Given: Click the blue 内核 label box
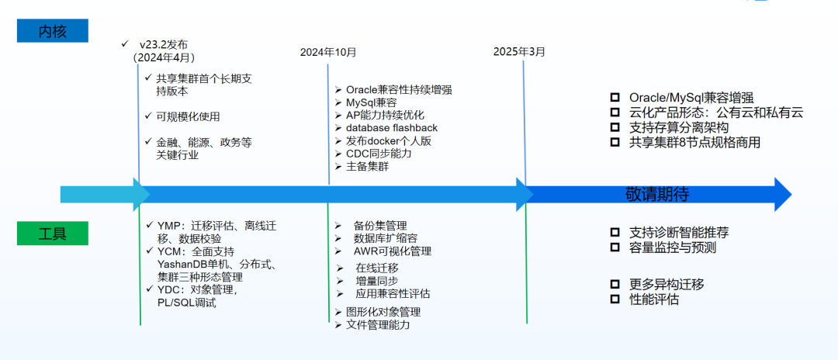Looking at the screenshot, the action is tap(54, 30).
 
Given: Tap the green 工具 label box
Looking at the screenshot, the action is tap(53, 234).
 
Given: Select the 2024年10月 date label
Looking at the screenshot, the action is tap(328, 52).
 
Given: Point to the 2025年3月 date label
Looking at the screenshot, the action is tap(519, 51).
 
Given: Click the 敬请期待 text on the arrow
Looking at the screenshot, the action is tap(657, 194).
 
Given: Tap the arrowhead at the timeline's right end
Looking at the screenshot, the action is tap(782, 194).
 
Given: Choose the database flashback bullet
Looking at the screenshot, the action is tap(391, 127).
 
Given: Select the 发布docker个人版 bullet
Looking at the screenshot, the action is tap(388, 140).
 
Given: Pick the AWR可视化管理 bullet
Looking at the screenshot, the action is tap(392, 251).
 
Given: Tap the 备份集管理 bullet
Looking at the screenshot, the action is tap(379, 225).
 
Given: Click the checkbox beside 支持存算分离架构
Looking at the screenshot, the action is tap(615, 126).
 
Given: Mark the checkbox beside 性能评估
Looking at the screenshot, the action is tap(615, 299).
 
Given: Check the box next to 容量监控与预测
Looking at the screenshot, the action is tap(615, 247).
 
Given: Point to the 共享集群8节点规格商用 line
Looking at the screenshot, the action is tap(694, 142).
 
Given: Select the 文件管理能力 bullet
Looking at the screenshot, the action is tap(377, 325).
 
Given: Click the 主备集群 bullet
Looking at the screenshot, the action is tap(367, 167).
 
